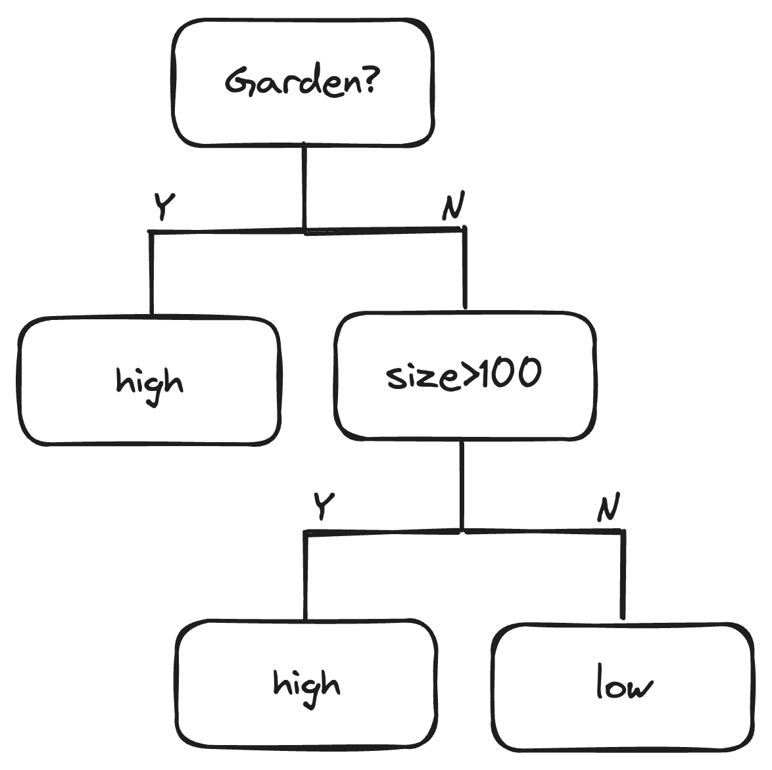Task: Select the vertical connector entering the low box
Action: [x=622, y=575]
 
